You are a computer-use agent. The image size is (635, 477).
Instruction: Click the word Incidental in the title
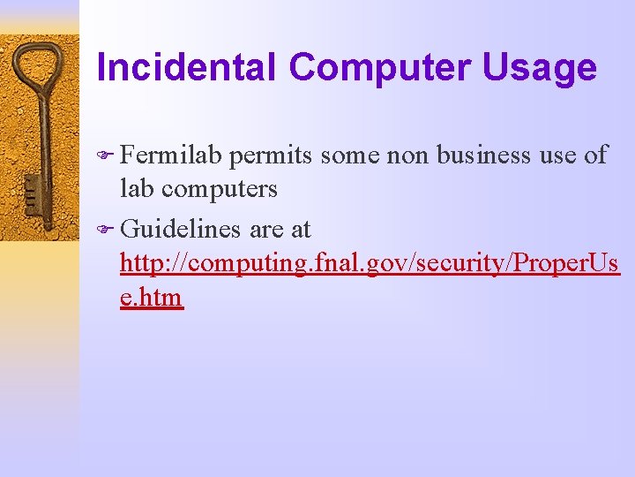pyautogui.click(x=187, y=68)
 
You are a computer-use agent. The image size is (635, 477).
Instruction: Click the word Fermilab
pyautogui.click(x=173, y=155)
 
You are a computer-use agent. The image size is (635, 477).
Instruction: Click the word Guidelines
pyautogui.click(x=181, y=230)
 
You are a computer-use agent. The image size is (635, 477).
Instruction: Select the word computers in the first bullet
pyautogui.click(x=220, y=188)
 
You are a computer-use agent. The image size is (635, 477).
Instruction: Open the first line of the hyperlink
pyautogui.click(x=370, y=263)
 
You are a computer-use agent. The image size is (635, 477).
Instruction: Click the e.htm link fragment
pyautogui.click(x=151, y=297)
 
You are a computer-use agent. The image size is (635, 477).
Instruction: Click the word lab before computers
pyautogui.click(x=137, y=188)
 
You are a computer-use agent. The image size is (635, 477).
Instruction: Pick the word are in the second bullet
pyautogui.click(x=266, y=230)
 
